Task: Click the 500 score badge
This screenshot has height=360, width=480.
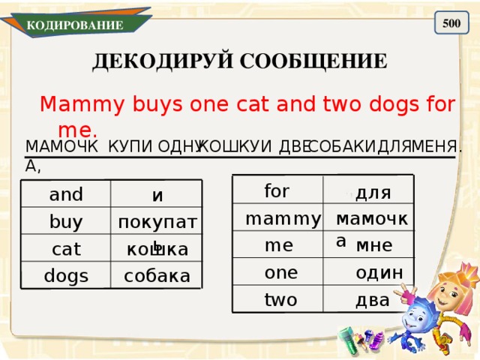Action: [451, 23]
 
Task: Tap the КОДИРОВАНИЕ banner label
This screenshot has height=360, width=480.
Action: [75, 25]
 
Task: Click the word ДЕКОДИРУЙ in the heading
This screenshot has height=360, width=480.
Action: [149, 61]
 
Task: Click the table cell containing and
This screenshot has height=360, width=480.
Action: [66, 195]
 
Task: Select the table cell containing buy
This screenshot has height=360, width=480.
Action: [66, 222]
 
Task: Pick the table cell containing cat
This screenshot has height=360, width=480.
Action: [66, 248]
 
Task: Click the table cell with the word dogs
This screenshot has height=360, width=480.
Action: [66, 275]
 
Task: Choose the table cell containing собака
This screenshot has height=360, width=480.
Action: [157, 275]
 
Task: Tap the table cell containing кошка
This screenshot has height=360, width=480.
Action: [157, 249]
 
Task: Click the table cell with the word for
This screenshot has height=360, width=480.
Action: [277, 190]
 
